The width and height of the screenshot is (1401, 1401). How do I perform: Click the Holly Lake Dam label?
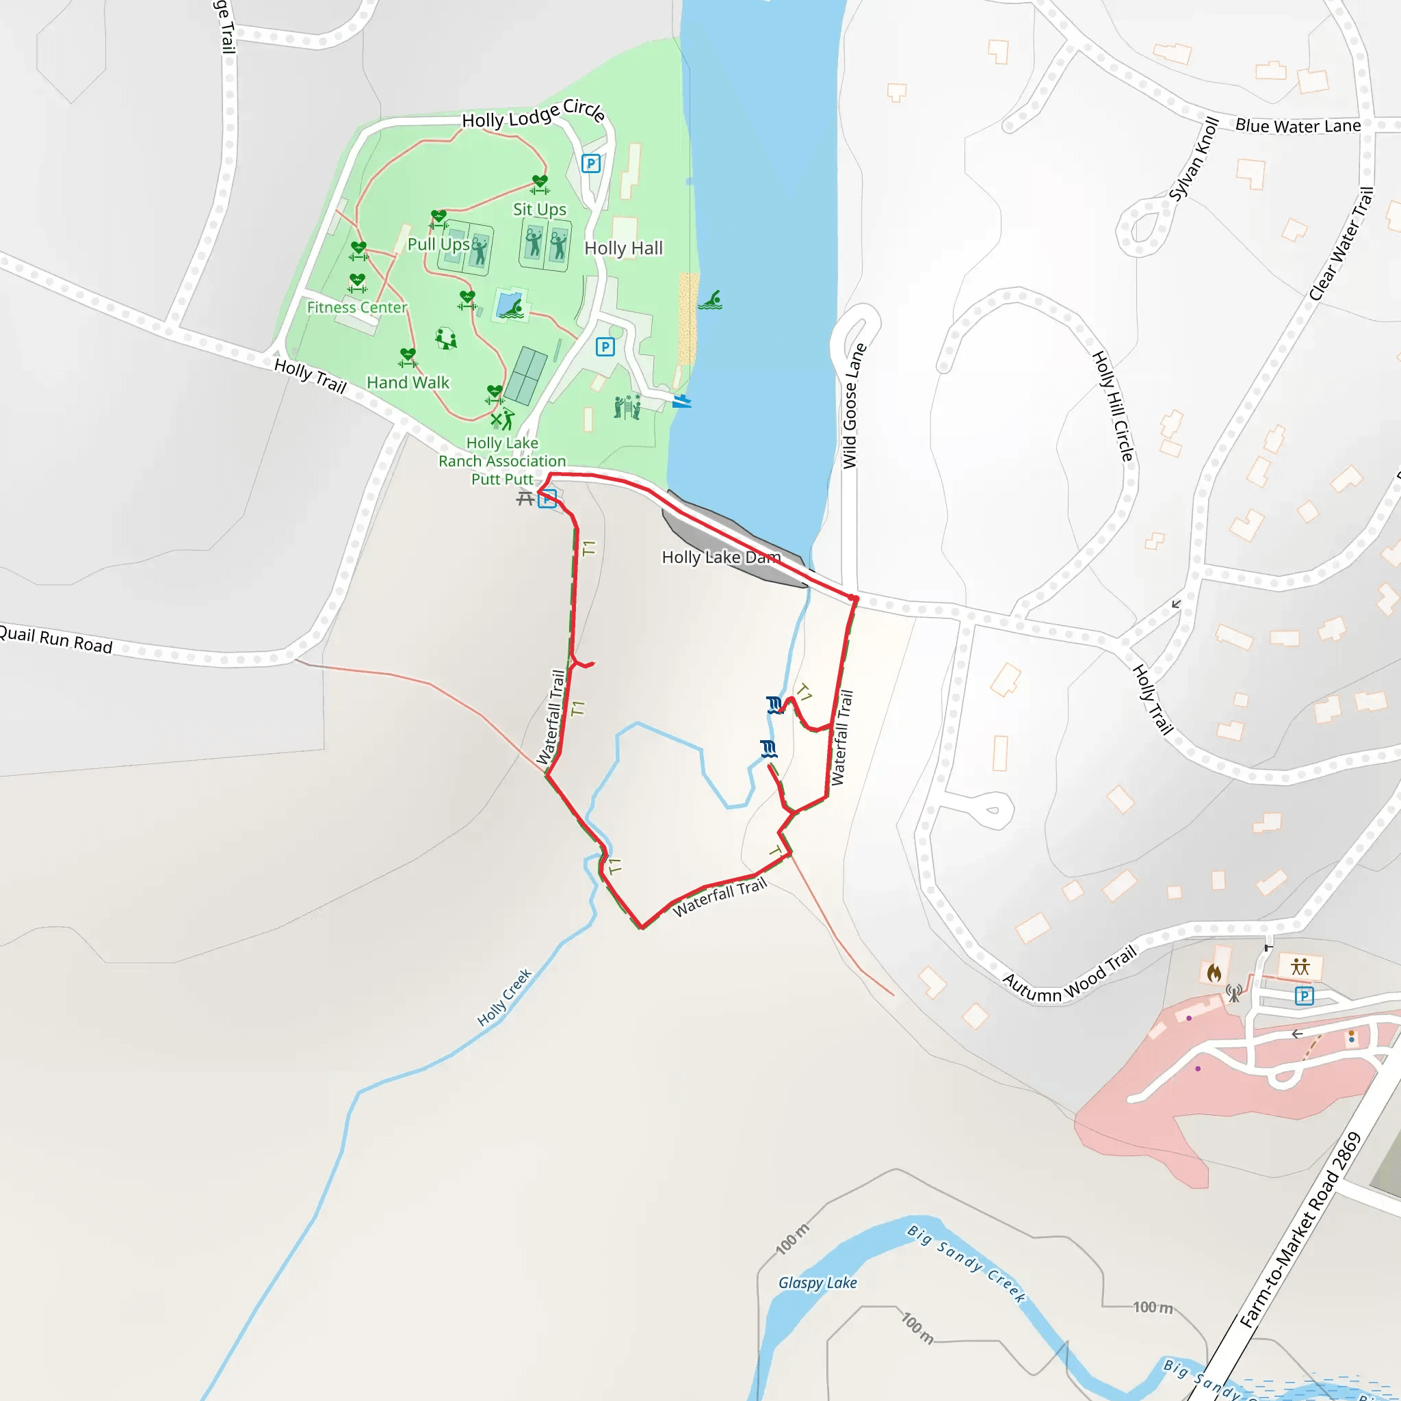coord(721,557)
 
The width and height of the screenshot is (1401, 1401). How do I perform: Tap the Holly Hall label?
coord(624,248)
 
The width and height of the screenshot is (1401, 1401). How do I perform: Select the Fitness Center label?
coord(357,307)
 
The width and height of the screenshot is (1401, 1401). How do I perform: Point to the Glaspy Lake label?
coord(817,1283)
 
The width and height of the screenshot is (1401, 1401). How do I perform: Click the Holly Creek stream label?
coord(505,997)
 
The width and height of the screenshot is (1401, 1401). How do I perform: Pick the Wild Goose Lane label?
coord(854,406)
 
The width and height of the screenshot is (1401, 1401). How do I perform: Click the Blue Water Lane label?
coord(1298,126)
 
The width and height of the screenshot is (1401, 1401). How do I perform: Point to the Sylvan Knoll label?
coord(1194,158)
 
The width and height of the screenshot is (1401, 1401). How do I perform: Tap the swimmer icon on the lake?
coord(711,300)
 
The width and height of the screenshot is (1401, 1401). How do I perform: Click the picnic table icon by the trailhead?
coord(525,498)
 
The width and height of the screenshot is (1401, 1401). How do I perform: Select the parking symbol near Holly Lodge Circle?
coord(591,164)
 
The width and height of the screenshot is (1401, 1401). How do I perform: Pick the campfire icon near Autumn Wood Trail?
coord(1214,973)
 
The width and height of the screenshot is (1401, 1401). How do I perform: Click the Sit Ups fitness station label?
coord(540,209)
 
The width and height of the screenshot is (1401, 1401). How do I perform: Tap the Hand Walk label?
coord(408,382)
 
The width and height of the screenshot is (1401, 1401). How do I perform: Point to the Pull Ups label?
coord(438,244)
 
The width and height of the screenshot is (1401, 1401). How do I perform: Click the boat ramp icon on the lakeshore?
coord(681,400)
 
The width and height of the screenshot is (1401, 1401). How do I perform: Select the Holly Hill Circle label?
coord(1113,406)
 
